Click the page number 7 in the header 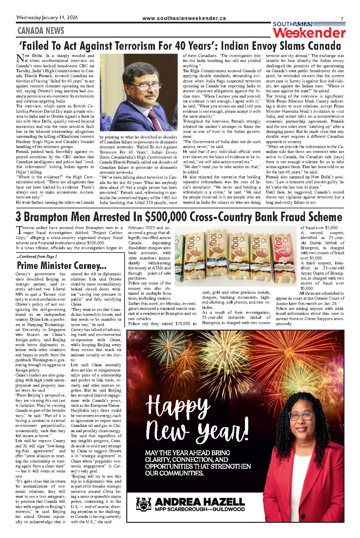[x=342, y=19]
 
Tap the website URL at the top [x=184, y=18]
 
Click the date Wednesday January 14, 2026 [x=47, y=17]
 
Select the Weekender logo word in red [x=309, y=33]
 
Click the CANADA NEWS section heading [x=41, y=31]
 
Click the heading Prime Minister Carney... [x=62, y=265]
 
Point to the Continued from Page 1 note [x=37, y=256]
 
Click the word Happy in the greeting [x=178, y=406]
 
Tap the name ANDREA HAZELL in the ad [x=200, y=502]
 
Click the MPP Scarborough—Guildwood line [x=200, y=509]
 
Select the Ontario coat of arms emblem [x=143, y=504]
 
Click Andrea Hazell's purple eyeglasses [x=301, y=416]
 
